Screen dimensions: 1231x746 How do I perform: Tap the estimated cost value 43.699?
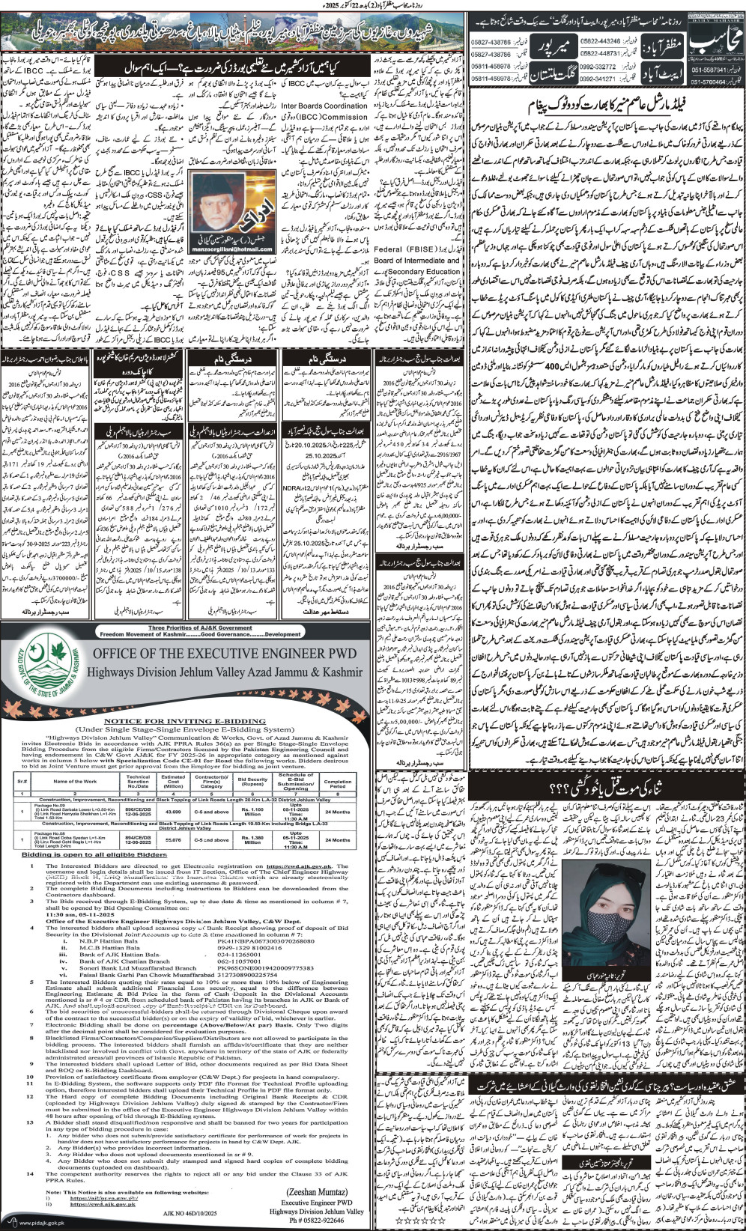(x=173, y=812)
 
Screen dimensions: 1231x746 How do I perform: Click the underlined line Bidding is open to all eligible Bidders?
(x=95, y=853)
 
